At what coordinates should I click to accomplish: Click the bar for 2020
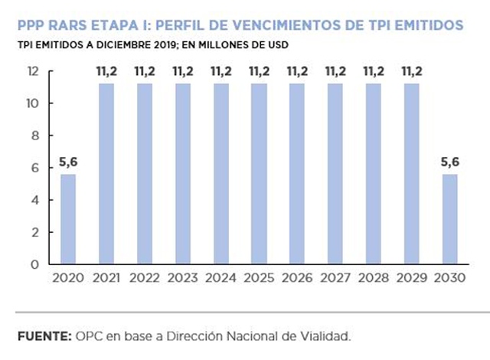(69, 219)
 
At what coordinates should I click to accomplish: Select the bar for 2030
(449, 219)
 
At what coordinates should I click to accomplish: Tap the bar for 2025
(259, 174)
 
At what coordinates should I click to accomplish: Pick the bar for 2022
(145, 174)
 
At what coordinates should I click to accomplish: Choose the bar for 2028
(373, 174)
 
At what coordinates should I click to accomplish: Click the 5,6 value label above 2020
(69, 162)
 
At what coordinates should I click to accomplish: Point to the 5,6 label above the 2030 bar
(449, 162)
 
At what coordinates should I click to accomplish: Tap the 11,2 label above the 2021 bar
(107, 72)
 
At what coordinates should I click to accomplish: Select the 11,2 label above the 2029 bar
(411, 72)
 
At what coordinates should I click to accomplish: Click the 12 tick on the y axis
(32, 71)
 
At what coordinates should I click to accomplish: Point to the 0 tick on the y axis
(35, 265)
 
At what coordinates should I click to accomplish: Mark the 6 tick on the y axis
(35, 168)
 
